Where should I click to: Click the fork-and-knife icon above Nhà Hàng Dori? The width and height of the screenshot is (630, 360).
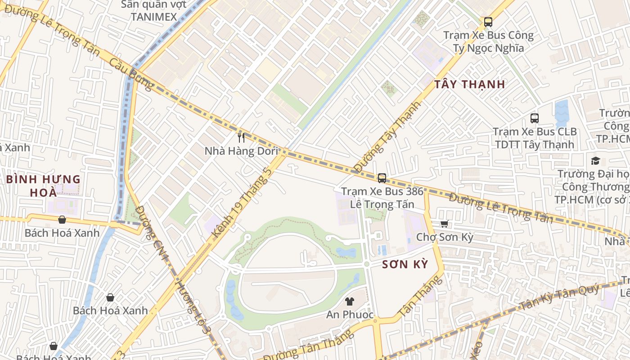(241, 137)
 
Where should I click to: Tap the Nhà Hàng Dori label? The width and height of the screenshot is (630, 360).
(241, 151)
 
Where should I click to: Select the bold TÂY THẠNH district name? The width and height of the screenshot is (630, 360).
(469, 84)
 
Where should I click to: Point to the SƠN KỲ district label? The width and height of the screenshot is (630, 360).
(405, 264)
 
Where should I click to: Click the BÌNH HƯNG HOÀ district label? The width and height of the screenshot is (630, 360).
(43, 185)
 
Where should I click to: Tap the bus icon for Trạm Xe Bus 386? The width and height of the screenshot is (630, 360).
(382, 178)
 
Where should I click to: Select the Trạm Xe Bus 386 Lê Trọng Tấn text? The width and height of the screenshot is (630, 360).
(382, 198)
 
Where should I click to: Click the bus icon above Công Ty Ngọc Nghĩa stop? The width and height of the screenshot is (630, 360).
(488, 22)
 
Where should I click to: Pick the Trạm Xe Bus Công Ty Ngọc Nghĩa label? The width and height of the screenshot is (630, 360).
(488, 41)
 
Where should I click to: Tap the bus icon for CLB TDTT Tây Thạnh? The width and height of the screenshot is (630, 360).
(535, 118)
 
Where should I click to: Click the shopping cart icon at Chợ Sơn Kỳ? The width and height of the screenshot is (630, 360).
(445, 224)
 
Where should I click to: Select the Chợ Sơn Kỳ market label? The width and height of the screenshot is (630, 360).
(445, 237)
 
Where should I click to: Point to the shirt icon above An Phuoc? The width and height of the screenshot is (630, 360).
(350, 301)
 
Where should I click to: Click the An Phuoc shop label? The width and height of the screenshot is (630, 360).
(350, 315)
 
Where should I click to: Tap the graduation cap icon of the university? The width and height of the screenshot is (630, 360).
(595, 161)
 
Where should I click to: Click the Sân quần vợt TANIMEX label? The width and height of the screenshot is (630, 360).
(154, 11)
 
